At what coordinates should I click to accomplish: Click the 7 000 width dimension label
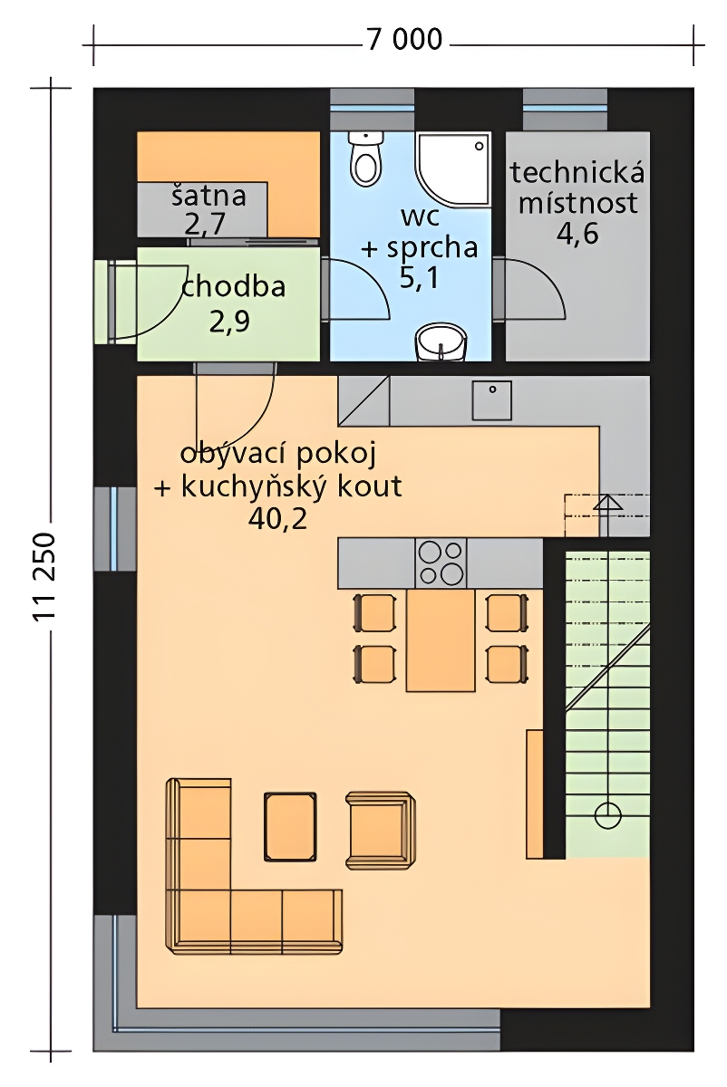click(404, 40)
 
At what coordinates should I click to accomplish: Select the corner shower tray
click(452, 169)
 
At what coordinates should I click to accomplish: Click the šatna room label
click(208, 196)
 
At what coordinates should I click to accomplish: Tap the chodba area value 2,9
click(229, 322)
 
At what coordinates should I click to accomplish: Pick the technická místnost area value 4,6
click(577, 235)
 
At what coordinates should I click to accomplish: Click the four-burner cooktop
click(441, 563)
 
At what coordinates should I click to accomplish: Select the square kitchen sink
click(492, 400)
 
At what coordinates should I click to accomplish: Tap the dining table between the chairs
click(441, 640)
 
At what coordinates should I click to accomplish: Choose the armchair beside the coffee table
click(380, 830)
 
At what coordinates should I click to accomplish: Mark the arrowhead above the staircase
click(607, 503)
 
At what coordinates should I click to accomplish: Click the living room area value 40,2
click(277, 519)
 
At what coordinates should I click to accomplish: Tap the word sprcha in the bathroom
click(432, 248)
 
